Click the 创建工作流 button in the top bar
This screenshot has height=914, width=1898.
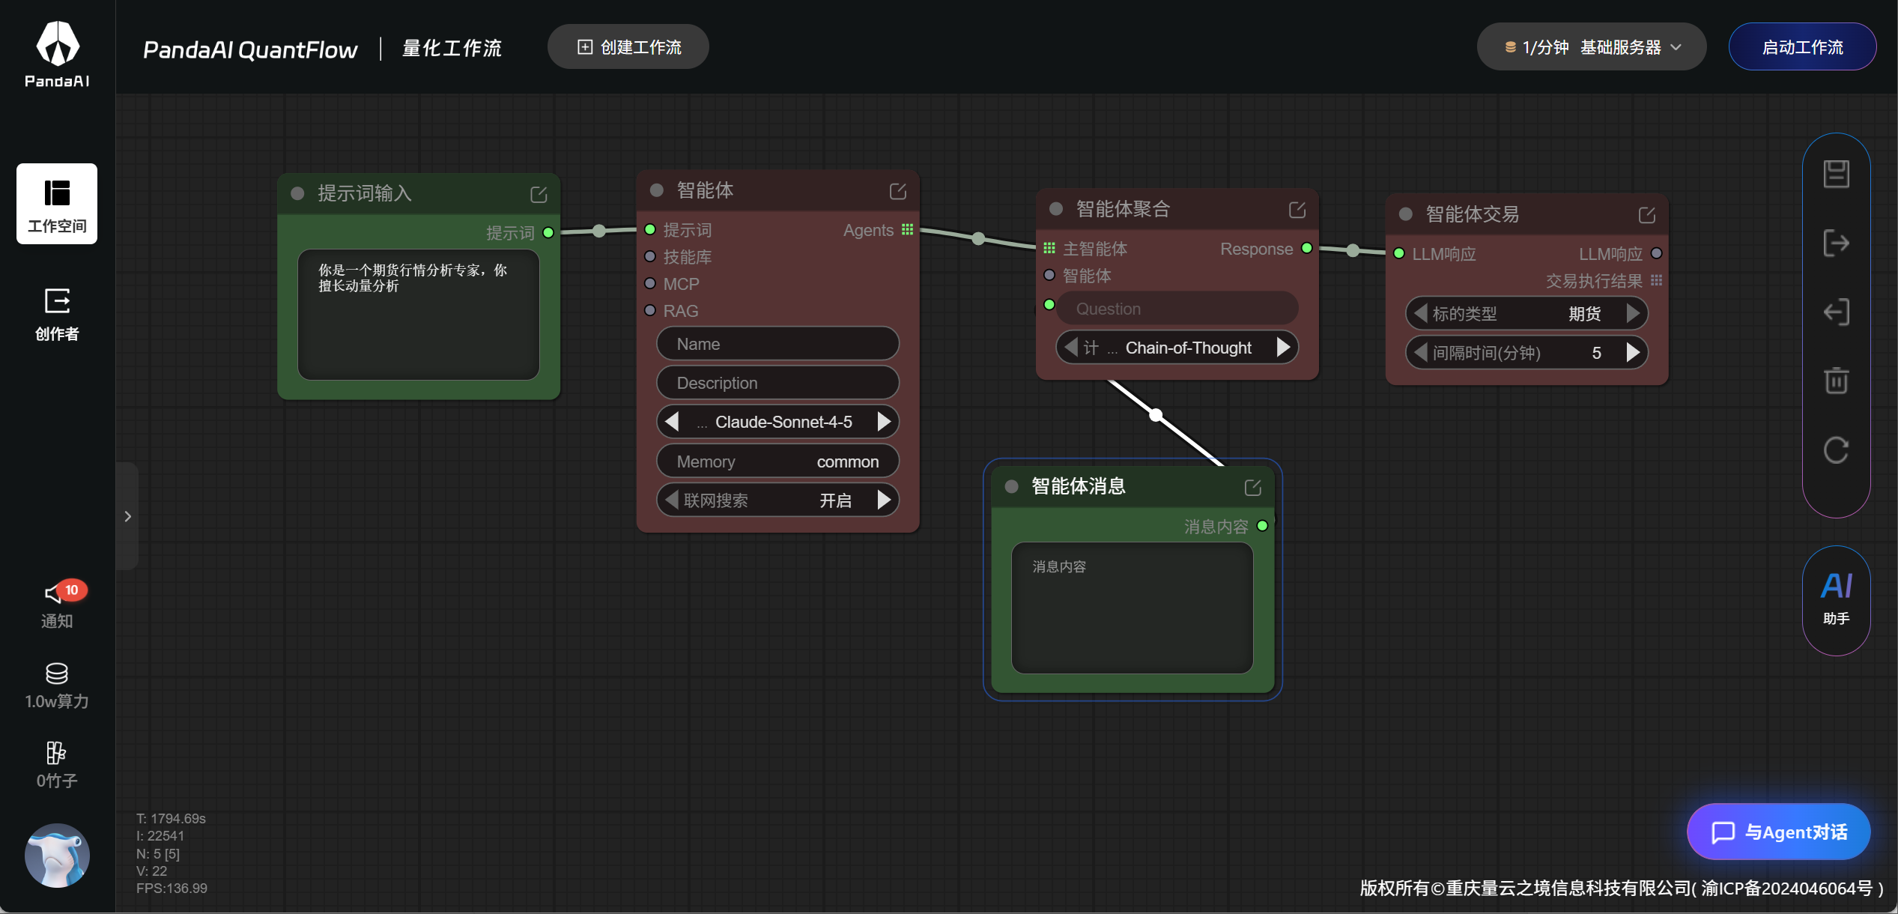[x=628, y=47]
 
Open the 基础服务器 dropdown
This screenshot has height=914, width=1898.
[x=1592, y=47]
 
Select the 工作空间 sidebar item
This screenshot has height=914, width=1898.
[x=57, y=204]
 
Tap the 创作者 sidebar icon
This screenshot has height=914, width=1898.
[x=57, y=301]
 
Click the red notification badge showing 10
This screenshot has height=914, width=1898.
[x=72, y=590]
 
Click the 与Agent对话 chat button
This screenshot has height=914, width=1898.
[x=1779, y=832]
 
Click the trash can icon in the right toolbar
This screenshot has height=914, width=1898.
[x=1837, y=381]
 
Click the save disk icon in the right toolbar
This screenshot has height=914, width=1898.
[x=1837, y=174]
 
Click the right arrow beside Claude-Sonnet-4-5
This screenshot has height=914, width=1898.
[x=885, y=422]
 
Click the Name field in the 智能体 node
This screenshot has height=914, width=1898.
[x=777, y=344]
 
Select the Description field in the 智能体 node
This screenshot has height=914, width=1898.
[x=777, y=383]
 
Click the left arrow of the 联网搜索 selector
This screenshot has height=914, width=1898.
[x=672, y=500]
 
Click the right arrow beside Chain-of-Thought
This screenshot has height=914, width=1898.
[x=1284, y=348]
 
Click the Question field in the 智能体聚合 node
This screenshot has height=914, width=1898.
[x=1177, y=309]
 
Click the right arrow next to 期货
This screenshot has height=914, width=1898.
[x=1634, y=313]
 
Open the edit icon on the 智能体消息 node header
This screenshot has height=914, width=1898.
[x=1253, y=488]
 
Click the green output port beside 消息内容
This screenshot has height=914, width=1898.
[x=1262, y=526]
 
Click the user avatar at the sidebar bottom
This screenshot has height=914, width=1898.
[x=57, y=856]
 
